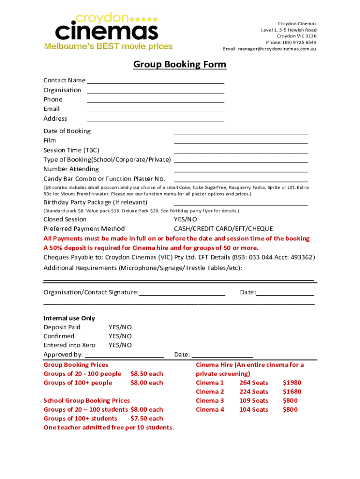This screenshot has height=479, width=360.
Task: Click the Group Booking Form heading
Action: [180, 65]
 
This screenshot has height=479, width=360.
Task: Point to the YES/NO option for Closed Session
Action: [186, 219]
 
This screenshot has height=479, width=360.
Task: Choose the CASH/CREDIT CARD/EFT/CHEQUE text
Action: [223, 229]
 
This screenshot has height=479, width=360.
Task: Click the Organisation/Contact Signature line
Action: [182, 294]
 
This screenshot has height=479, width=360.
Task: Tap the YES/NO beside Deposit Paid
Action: [120, 327]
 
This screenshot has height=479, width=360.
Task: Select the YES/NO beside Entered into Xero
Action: [120, 345]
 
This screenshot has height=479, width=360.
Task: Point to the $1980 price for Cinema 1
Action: [292, 383]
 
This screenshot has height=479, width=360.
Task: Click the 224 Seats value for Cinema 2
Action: [253, 392]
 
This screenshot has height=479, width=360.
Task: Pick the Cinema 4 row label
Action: [210, 410]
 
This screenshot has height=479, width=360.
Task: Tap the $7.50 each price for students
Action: [147, 419]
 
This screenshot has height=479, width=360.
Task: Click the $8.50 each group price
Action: [147, 374]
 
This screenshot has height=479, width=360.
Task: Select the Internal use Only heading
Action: [69, 319]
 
